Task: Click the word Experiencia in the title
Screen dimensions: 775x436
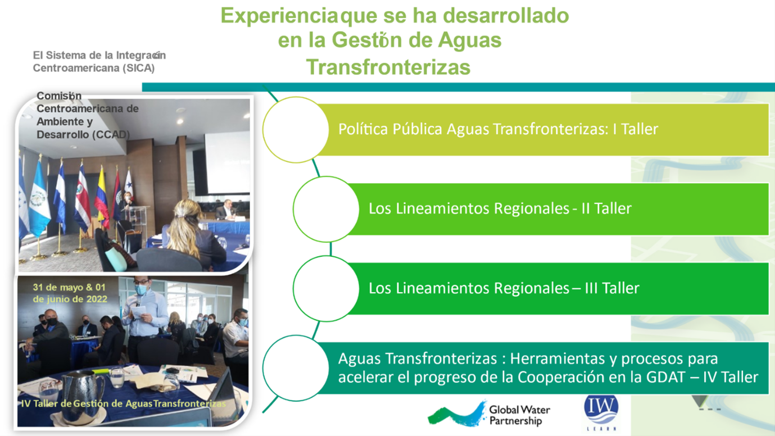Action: tap(279, 16)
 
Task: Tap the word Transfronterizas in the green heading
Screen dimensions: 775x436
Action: tap(388, 67)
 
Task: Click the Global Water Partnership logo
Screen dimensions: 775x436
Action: tap(489, 414)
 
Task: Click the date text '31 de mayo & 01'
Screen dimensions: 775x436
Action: tap(69, 287)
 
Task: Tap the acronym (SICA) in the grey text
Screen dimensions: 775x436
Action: tap(139, 68)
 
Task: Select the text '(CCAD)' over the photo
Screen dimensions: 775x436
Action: tap(111, 134)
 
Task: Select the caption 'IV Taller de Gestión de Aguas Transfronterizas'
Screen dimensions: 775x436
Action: tap(124, 403)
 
